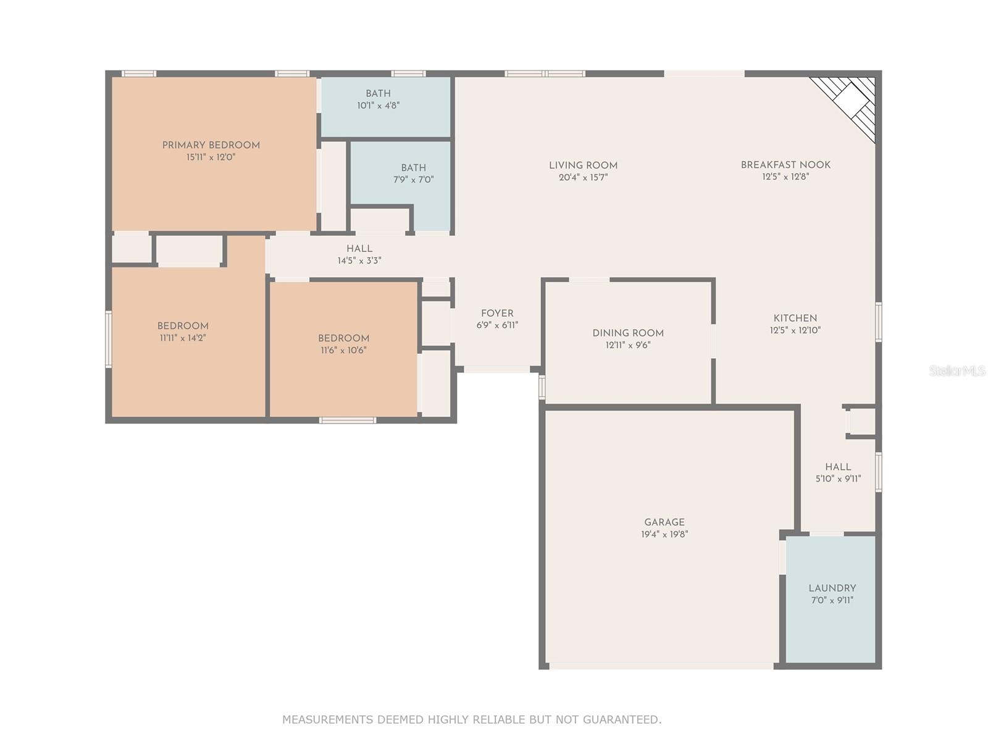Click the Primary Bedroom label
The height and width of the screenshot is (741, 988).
click(211, 145)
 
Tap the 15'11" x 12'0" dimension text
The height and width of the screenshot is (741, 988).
click(211, 157)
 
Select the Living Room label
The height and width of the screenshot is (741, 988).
click(583, 165)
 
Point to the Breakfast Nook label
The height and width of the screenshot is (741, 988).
click(785, 165)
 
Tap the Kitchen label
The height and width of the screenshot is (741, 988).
click(795, 318)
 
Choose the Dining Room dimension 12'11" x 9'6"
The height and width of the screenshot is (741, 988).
click(628, 345)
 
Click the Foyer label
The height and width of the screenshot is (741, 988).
click(497, 313)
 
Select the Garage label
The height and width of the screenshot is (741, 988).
click(664, 522)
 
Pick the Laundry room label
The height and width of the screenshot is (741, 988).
click(832, 588)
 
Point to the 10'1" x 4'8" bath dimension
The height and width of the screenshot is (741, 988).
click(378, 106)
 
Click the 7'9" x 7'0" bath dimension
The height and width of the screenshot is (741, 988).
click(413, 180)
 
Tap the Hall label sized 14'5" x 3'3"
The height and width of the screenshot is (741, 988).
click(359, 248)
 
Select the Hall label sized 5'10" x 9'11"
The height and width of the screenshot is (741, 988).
click(838, 467)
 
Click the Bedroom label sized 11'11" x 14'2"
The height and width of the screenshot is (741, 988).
click(183, 326)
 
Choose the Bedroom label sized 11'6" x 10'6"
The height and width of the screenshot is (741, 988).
click(343, 338)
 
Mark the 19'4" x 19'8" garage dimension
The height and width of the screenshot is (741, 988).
click(664, 534)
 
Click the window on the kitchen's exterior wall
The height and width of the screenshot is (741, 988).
click(878, 322)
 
